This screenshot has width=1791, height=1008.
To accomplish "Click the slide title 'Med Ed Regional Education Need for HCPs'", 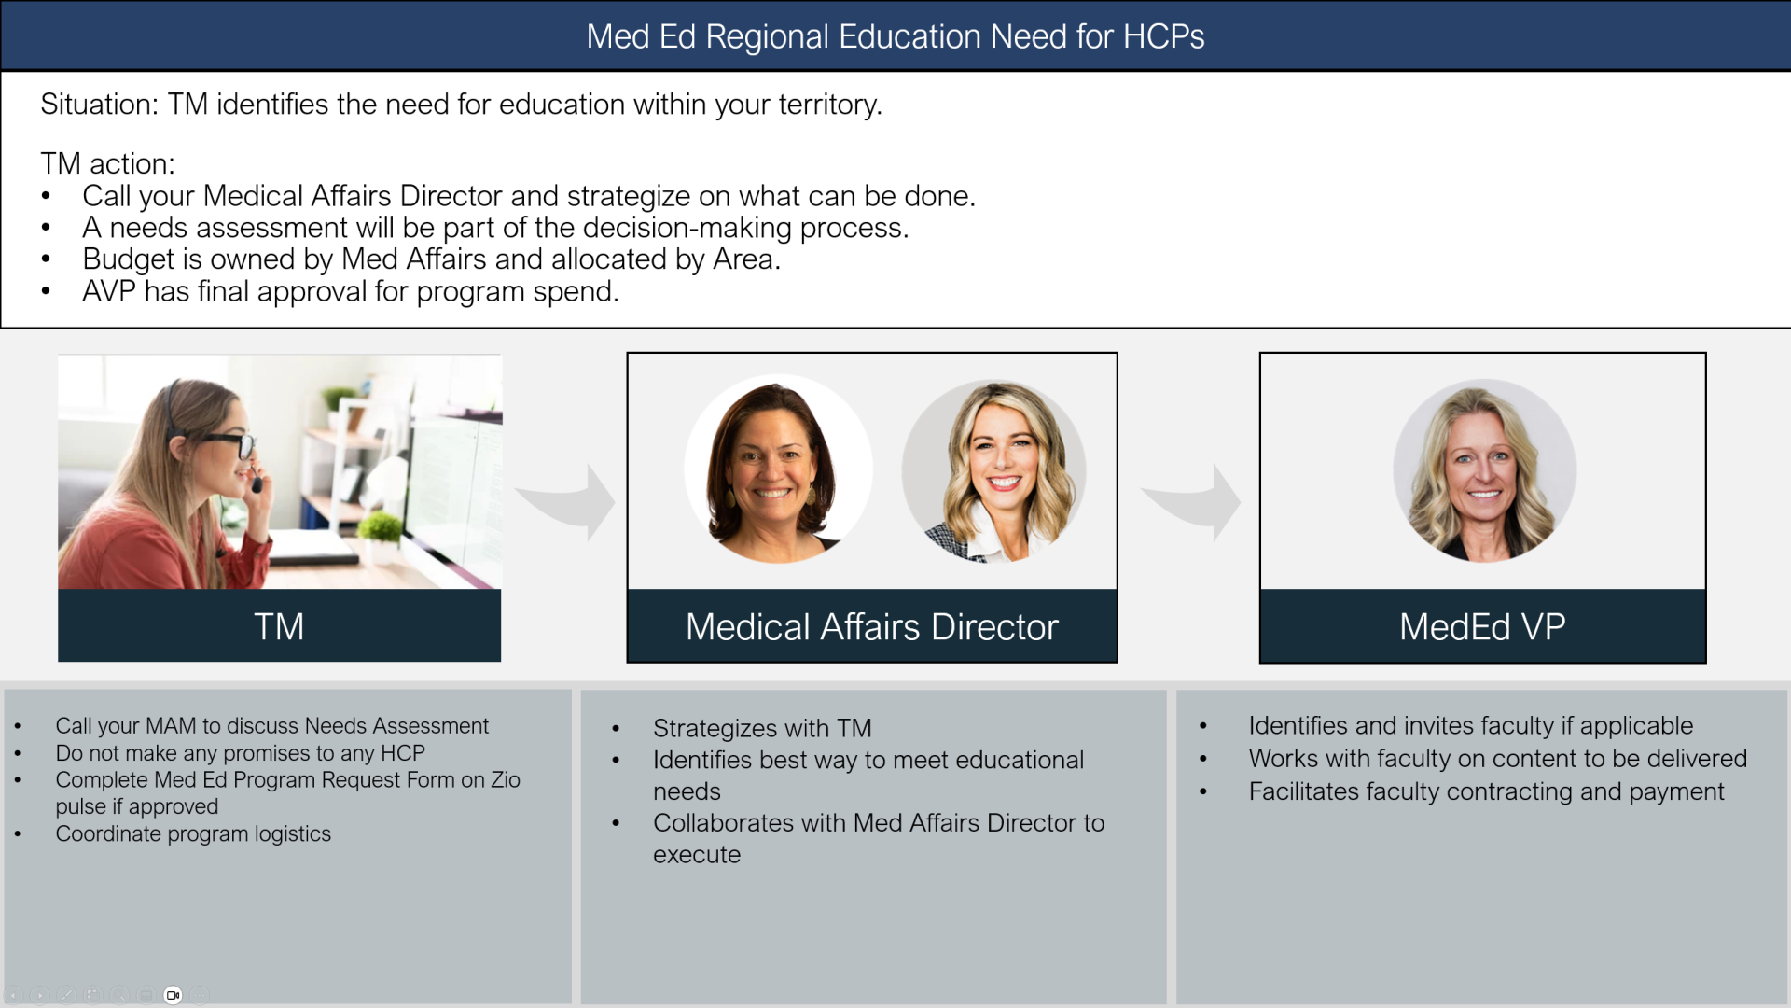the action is [x=895, y=36].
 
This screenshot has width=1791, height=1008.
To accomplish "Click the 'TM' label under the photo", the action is [x=279, y=626].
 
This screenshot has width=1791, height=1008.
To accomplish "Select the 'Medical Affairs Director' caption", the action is [x=872, y=626].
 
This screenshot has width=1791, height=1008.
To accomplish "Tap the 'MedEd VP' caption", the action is [x=1482, y=626].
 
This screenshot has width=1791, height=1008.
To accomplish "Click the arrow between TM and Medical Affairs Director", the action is [x=566, y=501].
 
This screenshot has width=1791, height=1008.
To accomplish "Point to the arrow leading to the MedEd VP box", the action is [x=1192, y=501].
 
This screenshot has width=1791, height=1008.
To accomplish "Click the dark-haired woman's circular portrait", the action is [x=779, y=469].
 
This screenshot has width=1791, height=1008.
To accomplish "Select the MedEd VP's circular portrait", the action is [x=1484, y=470].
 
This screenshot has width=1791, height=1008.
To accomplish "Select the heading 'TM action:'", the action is [x=107, y=163].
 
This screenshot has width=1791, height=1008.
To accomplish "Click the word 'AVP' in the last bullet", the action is [x=109, y=291].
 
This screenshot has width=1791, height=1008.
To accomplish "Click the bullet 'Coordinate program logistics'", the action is [x=193, y=833].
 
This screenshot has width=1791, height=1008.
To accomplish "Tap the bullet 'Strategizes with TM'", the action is [x=762, y=728].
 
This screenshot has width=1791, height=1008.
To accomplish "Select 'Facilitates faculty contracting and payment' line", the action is [x=1486, y=791].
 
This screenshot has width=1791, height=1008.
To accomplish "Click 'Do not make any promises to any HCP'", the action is [x=240, y=753].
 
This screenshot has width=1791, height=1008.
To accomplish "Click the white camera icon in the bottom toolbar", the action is [x=173, y=995].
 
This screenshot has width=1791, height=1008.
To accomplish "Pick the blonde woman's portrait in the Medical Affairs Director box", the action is [x=994, y=471].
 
